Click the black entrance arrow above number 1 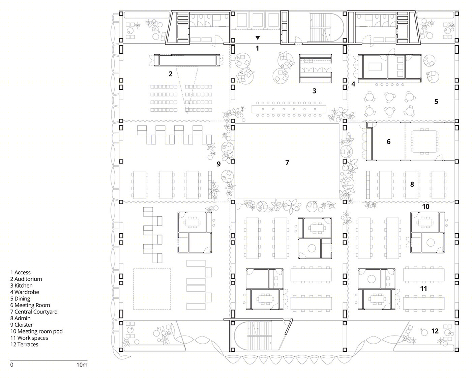pyautogui.click(x=258, y=38)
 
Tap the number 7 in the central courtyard pyautogui.click(x=287, y=162)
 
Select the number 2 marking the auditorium pyautogui.click(x=170, y=74)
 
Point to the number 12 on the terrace pyautogui.click(x=435, y=331)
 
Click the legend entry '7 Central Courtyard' pyautogui.click(x=34, y=312)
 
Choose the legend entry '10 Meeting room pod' pyautogui.click(x=36, y=331)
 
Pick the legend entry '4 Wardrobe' pyautogui.click(x=25, y=292)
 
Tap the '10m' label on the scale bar pyautogui.click(x=82, y=365)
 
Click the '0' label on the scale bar pyautogui.click(x=12, y=365)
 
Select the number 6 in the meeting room pyautogui.click(x=388, y=142)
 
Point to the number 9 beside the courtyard pyautogui.click(x=218, y=164)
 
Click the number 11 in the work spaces pyautogui.click(x=423, y=289)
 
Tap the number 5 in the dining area pyautogui.click(x=436, y=102)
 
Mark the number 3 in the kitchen pyautogui.click(x=314, y=91)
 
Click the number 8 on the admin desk pyautogui.click(x=412, y=184)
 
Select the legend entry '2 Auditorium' pyautogui.click(x=26, y=279)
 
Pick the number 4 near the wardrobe pyautogui.click(x=353, y=84)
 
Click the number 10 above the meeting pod pyautogui.click(x=426, y=206)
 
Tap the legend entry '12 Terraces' pyautogui.click(x=24, y=345)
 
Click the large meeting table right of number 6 pyautogui.click(x=424, y=142)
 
